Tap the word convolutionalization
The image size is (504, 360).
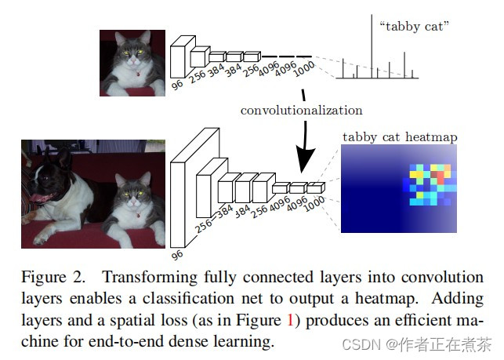[301, 111]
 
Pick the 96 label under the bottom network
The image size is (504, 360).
[178, 252]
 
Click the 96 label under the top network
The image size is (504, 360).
[177, 82]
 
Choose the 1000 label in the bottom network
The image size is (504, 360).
[314, 201]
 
